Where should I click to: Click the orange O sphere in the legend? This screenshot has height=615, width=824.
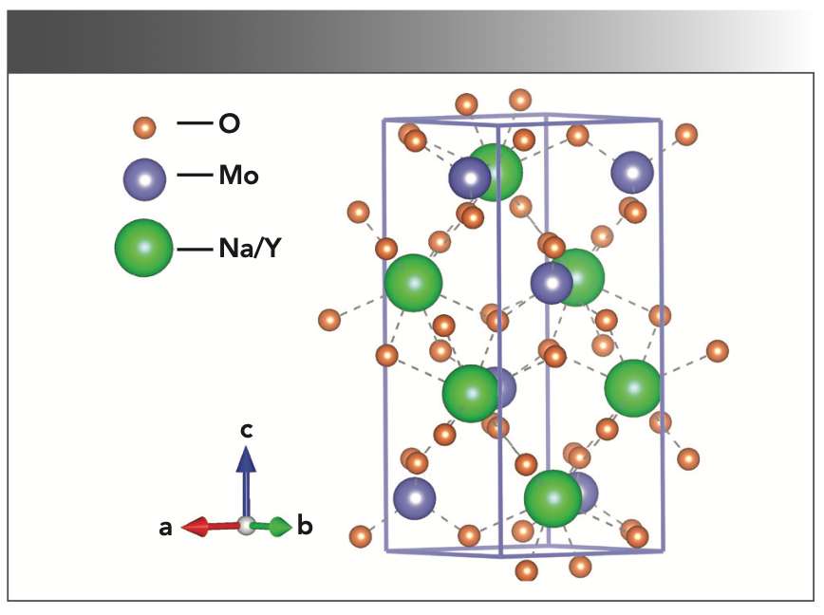click(x=144, y=126)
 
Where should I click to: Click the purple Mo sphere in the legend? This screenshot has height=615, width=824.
click(x=144, y=177)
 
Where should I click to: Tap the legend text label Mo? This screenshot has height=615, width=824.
click(x=238, y=177)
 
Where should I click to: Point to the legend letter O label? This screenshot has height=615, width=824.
click(x=230, y=124)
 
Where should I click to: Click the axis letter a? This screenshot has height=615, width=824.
click(x=165, y=529)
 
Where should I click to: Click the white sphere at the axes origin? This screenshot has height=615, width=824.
click(x=247, y=526)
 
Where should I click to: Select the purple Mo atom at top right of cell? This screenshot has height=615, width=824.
click(x=632, y=173)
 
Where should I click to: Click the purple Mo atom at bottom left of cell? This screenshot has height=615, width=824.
click(x=414, y=498)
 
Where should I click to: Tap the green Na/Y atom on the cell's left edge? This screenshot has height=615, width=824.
click(x=414, y=283)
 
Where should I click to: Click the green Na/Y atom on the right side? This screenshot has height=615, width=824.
click(x=632, y=387)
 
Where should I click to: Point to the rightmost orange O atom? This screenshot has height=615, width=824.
click(x=719, y=352)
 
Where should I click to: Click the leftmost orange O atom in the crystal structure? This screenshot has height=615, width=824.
click(x=330, y=320)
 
